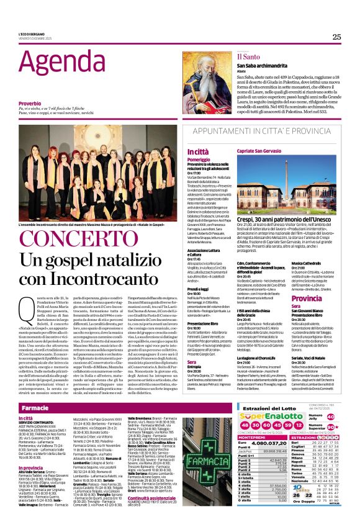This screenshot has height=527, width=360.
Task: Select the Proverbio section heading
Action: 30,103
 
